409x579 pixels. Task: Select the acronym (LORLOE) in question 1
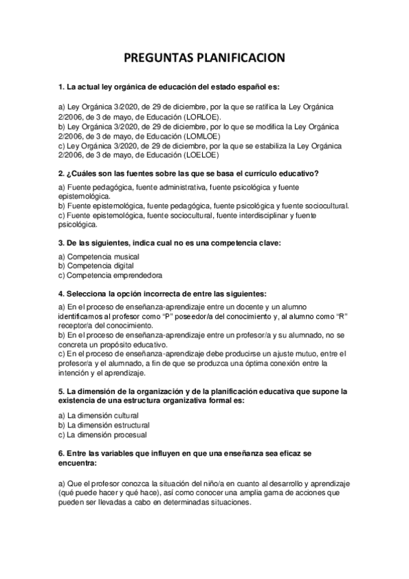[x=208, y=117]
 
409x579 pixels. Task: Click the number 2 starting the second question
[x=61, y=173]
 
